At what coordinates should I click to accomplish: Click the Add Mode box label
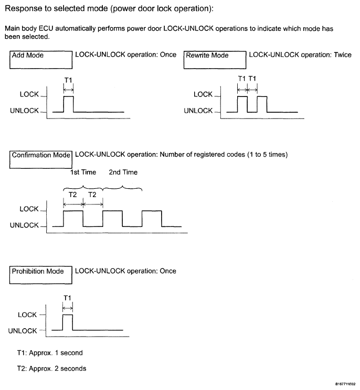tap(27, 55)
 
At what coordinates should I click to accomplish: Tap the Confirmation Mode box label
tap(41, 155)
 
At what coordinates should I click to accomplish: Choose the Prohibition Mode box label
tap(38, 271)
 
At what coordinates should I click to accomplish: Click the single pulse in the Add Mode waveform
tap(68, 104)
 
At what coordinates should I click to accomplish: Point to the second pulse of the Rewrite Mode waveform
tap(262, 104)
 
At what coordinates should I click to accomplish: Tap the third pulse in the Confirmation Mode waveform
tap(152, 218)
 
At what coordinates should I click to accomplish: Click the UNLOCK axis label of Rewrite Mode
tap(198, 111)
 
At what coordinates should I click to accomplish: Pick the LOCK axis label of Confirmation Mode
tap(29, 209)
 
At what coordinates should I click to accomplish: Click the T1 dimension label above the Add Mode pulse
tap(68, 81)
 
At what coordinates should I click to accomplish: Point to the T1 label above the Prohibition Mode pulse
tap(67, 298)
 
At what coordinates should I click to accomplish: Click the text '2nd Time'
tap(123, 172)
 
